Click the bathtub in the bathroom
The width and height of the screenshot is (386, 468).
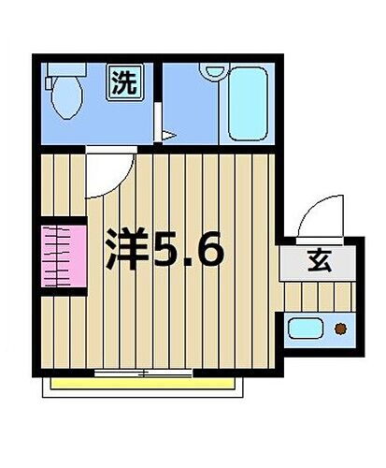click(250, 103)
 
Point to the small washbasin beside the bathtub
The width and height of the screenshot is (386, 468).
click(213, 71)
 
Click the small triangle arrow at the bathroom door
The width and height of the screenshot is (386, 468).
click(168, 137)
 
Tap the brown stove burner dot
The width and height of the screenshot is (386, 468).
click(340, 329)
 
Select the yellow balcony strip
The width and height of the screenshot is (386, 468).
click(145, 385)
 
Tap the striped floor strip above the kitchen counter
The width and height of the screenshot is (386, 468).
click(318, 298)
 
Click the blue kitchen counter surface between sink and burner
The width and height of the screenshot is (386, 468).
click(323, 329)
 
